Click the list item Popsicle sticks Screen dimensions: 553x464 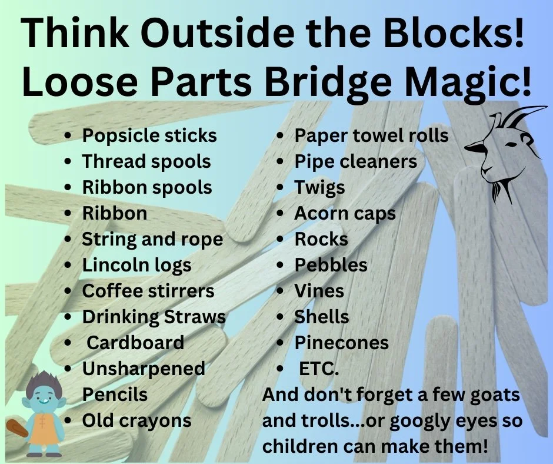[x=149, y=135]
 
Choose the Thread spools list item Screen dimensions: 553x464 [x=146, y=161]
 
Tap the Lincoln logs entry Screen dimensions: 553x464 [x=136, y=265]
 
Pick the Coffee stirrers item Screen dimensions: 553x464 [x=148, y=291]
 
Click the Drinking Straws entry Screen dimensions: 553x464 [x=154, y=317]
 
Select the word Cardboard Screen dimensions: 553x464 [x=135, y=343]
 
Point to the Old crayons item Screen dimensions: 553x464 [x=136, y=420]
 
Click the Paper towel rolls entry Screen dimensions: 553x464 [x=371, y=135]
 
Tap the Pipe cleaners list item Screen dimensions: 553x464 [x=355, y=161]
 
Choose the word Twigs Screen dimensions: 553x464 [x=319, y=188]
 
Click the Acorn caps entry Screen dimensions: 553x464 [x=345, y=213]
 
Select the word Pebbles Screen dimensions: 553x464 [x=331, y=265]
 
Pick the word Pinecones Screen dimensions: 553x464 [x=341, y=343]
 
